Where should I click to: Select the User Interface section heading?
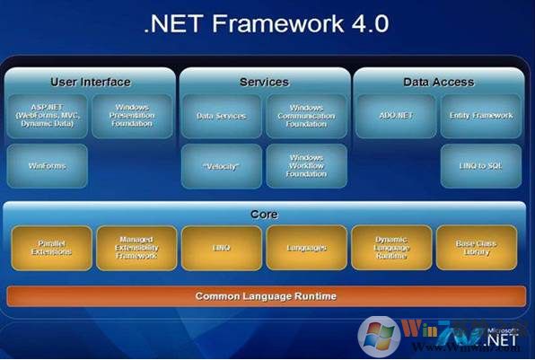pyautogui.click(x=90, y=82)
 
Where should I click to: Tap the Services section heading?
pyautogui.click(x=264, y=82)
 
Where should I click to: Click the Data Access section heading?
pyautogui.click(x=438, y=82)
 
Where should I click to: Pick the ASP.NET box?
pyautogui.click(x=47, y=116)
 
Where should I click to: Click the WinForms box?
pyautogui.click(x=47, y=165)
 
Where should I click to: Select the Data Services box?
pyautogui.click(x=221, y=116)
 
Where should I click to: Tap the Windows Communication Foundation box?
pyautogui.click(x=306, y=116)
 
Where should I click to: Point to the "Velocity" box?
pyautogui.click(x=221, y=165)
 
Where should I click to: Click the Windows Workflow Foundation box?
pyautogui.click(x=306, y=165)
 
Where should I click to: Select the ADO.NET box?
pyautogui.click(x=395, y=116)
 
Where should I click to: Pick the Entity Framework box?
pyautogui.click(x=480, y=116)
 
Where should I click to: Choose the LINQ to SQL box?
pyautogui.click(x=480, y=165)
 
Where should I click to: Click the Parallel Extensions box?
pyautogui.click(x=51, y=248)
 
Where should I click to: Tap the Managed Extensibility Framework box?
pyautogui.click(x=136, y=248)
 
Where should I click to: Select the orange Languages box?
pyautogui.click(x=306, y=248)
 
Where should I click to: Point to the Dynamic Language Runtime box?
pyautogui.click(x=391, y=248)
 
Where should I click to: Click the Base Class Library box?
pyautogui.click(x=477, y=248)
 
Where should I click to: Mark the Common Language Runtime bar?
pyautogui.click(x=266, y=295)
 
